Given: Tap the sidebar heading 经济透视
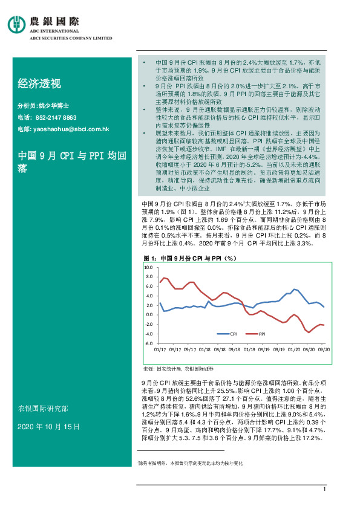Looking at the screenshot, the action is (39, 83).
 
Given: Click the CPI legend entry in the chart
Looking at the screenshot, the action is (229, 334).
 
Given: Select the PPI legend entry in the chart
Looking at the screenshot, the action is (258, 334).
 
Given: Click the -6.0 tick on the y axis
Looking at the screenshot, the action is (148, 343).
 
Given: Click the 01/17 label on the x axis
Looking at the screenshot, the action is (160, 349).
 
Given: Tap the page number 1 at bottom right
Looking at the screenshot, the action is (325, 489).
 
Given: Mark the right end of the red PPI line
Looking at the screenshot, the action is (324, 325).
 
